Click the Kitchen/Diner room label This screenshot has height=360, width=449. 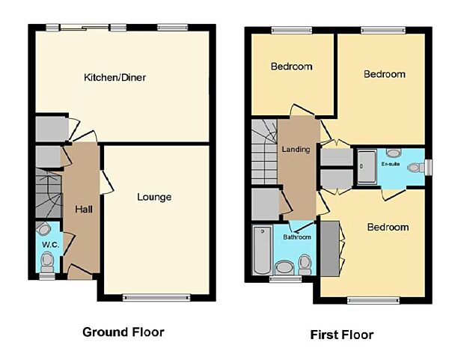coord(114,77)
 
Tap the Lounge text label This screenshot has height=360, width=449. coord(154,198)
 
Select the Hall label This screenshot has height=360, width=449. coord(82,209)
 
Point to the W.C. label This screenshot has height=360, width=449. coord(49,244)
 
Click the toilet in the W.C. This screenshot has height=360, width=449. coord(46,261)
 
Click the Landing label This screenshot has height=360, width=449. coord(296,150)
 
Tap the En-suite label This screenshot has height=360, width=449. coord(391,162)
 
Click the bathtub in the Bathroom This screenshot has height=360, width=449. coord(263,249)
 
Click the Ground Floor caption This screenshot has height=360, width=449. coord(123,332)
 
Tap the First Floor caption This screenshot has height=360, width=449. coord(343,335)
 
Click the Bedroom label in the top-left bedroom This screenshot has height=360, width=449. coord(290,67)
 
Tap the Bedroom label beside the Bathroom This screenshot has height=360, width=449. coord(388,228)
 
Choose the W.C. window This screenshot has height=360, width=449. coord(46,276)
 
